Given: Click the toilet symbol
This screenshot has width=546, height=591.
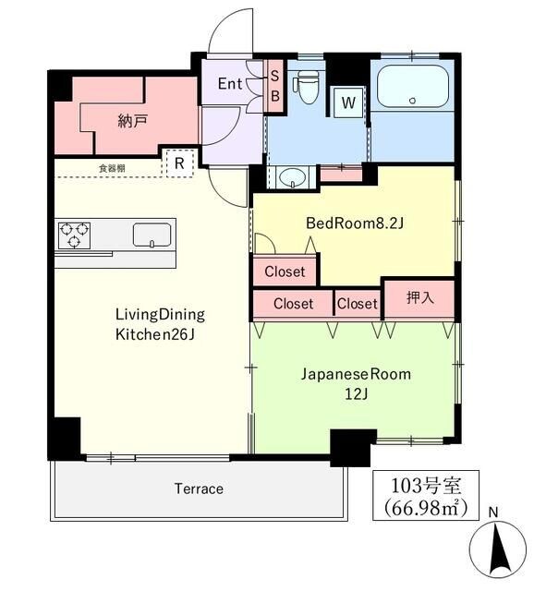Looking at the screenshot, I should point(306,86).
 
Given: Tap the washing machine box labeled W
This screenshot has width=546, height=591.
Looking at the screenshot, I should point(348,103).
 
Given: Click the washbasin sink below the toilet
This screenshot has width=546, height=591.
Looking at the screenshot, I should point(294,176).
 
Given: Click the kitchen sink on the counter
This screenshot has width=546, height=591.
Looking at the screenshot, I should point(152,235).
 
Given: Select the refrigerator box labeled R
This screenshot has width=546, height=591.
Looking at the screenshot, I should point(178,163).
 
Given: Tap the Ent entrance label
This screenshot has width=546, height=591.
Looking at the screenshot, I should point(230,84).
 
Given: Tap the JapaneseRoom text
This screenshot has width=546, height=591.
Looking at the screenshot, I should point(354,374).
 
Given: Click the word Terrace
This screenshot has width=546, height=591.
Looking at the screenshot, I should point(198,488).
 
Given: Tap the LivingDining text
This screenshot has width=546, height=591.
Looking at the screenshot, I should point(160,313).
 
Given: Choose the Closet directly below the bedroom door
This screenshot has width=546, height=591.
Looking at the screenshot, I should point(285,271).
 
